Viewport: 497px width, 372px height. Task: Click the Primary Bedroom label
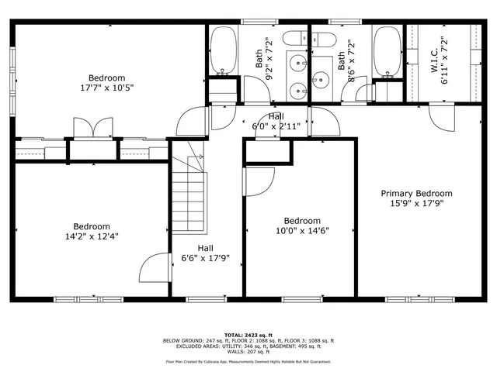(415, 193)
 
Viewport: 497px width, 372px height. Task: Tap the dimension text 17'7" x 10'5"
(106, 89)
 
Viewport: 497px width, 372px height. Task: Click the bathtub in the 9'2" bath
(224, 50)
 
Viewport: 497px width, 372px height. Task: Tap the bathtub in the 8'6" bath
(386, 50)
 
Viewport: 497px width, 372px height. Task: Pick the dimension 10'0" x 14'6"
(301, 231)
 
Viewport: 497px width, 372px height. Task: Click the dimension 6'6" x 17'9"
(205, 259)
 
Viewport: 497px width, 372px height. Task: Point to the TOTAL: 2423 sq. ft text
(248, 333)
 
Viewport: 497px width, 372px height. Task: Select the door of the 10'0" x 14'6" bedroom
(256, 183)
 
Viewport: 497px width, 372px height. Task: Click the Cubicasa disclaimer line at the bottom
(248, 361)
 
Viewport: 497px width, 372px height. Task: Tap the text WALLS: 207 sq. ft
(248, 352)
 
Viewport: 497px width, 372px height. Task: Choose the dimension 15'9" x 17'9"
(415, 204)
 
